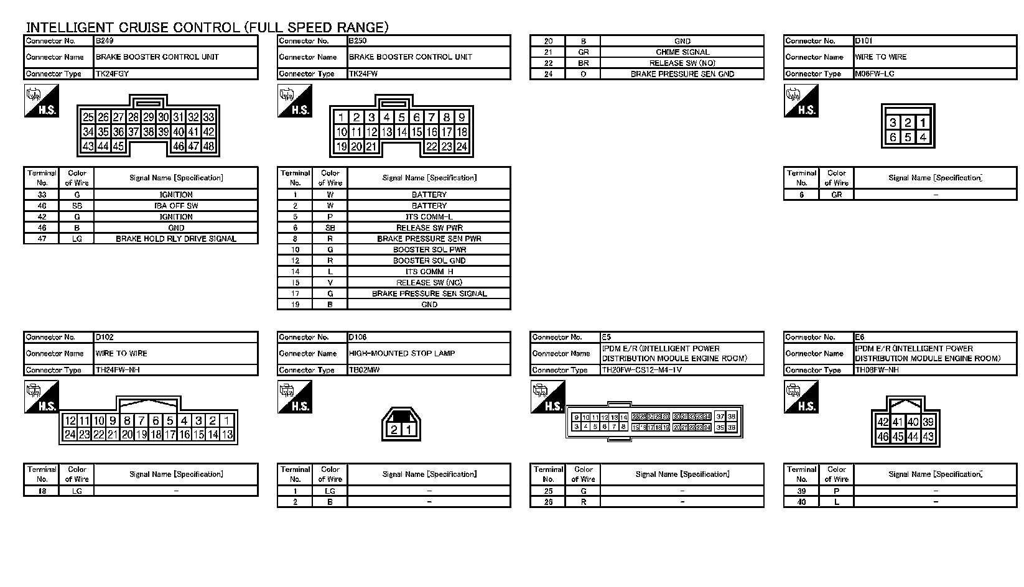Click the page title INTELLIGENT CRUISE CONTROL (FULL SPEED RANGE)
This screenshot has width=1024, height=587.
click(x=207, y=27)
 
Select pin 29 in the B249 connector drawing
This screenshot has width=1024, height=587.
click(x=148, y=117)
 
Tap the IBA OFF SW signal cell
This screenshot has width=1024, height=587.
click(x=176, y=206)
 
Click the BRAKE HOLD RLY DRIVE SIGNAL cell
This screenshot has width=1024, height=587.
click(x=176, y=239)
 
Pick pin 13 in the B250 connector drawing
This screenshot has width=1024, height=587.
click(x=386, y=132)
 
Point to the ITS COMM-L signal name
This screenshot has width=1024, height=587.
click(x=429, y=217)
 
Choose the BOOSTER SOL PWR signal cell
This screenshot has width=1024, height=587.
click(x=429, y=250)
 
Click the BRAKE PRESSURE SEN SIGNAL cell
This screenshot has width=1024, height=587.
click(x=429, y=293)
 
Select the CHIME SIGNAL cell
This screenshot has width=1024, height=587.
click(x=682, y=52)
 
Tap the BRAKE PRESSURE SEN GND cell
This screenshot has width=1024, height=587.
click(x=682, y=74)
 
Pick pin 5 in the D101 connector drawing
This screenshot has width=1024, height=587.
click(x=908, y=137)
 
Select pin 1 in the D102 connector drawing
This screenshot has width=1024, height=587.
click(x=227, y=421)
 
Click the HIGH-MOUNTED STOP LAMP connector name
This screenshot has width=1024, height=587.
click(x=402, y=353)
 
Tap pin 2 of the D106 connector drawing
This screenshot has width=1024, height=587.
click(x=393, y=430)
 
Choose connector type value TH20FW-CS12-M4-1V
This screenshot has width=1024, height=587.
click(x=641, y=370)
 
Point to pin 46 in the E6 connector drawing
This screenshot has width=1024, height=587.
click(x=883, y=437)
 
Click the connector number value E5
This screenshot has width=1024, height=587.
click(x=607, y=337)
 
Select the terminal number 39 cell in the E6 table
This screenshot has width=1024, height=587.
click(x=801, y=491)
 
